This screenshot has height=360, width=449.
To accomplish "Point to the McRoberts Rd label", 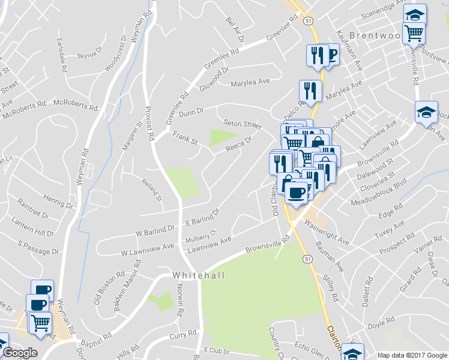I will point(75,105).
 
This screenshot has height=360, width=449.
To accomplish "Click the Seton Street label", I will point(243,124).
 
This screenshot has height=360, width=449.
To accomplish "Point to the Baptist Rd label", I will point(96,339).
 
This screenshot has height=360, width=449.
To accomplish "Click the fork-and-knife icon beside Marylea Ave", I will point(310,91).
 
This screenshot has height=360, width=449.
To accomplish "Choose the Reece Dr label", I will point(238,143).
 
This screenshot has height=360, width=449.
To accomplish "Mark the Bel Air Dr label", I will point(235,29).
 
